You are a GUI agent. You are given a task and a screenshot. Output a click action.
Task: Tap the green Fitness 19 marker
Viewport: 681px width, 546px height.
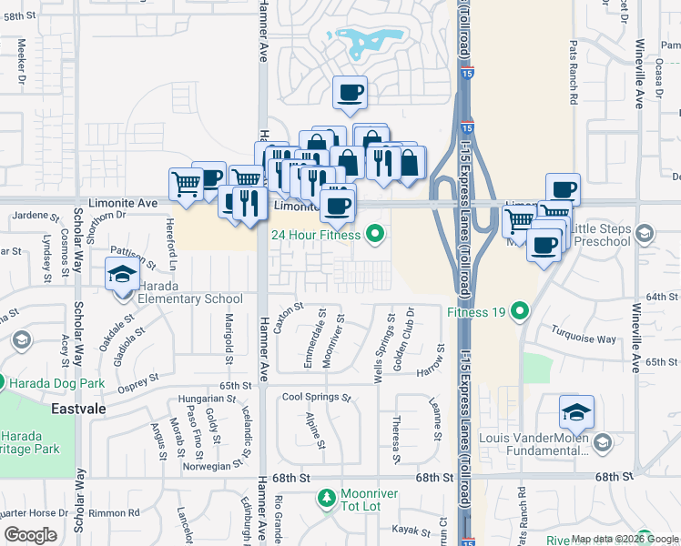(520, 312)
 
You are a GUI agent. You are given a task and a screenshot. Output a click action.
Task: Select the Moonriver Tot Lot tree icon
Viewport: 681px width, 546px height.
(326, 498)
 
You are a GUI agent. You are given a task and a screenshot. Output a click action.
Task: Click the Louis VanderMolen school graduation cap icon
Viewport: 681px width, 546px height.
(575, 413)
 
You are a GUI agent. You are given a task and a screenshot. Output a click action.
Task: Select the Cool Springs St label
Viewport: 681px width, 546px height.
(316, 398)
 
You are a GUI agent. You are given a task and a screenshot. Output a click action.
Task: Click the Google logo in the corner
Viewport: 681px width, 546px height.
(30, 535)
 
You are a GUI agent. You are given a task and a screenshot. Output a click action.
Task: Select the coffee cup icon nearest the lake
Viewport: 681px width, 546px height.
(351, 91)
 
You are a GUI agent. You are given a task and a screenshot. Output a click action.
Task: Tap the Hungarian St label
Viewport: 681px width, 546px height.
(208, 399)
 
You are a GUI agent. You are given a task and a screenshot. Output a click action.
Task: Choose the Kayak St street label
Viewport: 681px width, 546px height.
(411, 531)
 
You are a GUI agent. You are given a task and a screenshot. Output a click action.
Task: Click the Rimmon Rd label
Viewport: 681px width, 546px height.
(121, 512)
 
